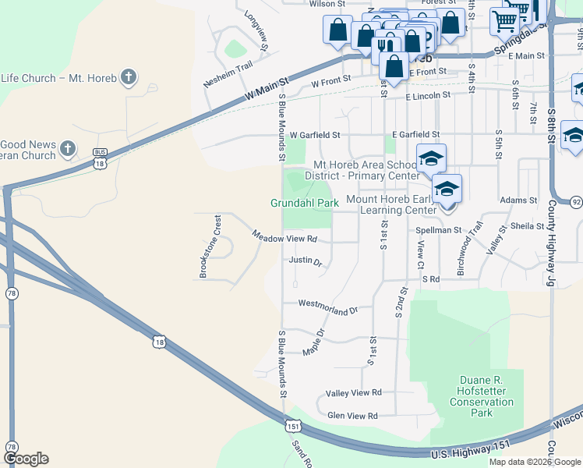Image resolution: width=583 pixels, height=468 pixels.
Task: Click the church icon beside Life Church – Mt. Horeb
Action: [129, 77]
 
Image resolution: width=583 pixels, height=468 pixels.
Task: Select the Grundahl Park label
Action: [305, 203]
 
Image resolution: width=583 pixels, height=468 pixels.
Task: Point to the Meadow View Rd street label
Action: [284, 237]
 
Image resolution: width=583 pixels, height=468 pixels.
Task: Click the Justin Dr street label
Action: [306, 261]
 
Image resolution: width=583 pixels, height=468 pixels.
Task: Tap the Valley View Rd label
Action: [354, 392]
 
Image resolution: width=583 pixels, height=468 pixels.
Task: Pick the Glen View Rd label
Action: [352, 416]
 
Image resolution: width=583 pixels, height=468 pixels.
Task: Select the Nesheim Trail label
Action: [228, 66]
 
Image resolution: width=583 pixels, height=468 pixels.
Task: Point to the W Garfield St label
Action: [316, 135]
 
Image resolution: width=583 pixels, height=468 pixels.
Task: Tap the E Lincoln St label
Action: [428, 95]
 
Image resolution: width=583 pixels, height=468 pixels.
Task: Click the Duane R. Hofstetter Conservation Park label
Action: [482, 396]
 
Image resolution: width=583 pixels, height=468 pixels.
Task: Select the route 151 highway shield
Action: [293, 426]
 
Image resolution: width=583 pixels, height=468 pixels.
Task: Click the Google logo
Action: [26, 459]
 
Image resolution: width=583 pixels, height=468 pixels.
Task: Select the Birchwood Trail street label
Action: [471, 248]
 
